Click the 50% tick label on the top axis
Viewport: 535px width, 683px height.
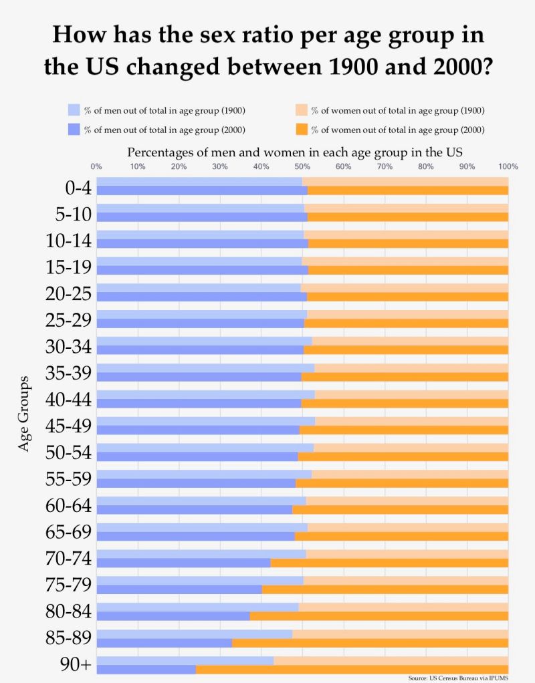(x=302, y=166)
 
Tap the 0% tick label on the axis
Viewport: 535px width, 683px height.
(x=96, y=166)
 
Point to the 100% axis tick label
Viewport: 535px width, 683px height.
(x=508, y=166)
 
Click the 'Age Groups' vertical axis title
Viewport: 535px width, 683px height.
(x=25, y=414)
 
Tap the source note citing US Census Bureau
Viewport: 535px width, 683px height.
(x=458, y=678)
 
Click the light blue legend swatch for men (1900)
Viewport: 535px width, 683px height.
(x=74, y=110)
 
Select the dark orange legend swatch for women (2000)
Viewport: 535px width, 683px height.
(x=302, y=130)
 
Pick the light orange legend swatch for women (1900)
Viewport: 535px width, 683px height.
(x=302, y=110)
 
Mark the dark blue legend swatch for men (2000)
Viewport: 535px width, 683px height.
(x=74, y=130)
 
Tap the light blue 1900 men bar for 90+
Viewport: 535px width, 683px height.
(x=185, y=660)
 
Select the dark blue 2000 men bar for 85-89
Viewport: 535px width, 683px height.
(x=164, y=643)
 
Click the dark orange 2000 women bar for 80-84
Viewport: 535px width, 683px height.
(x=379, y=616)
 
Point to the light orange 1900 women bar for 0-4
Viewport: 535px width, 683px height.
(x=405, y=181)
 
